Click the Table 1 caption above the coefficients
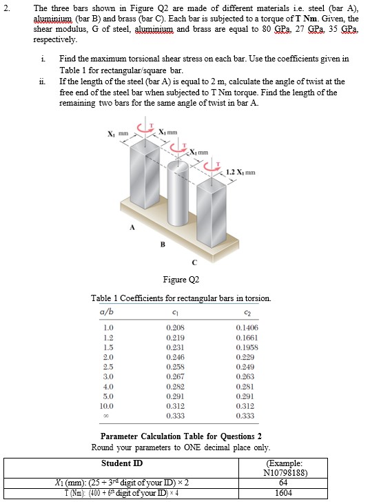[181, 298]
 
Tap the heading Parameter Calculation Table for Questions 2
[181, 436]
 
